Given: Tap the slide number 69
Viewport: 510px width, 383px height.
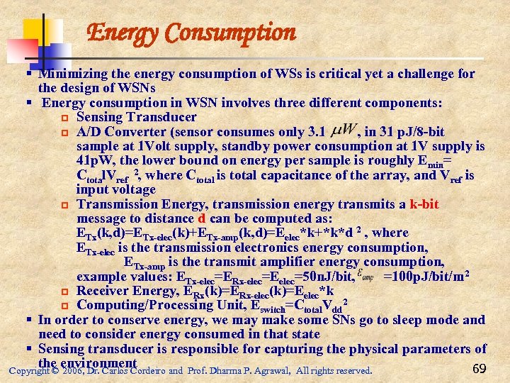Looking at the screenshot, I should click(478, 367).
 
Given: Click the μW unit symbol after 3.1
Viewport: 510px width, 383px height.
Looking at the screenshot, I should click(344, 131).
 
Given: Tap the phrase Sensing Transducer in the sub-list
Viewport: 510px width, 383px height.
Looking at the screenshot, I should click(137, 117).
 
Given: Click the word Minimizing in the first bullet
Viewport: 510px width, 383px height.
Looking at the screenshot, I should click(72, 74).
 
